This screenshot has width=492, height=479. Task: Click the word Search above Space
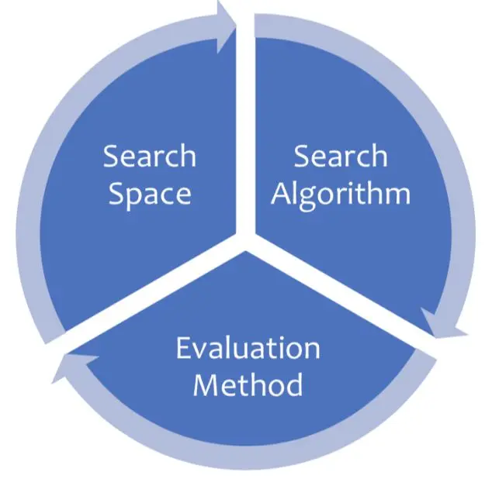tap(150, 157)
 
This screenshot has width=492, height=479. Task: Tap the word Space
tap(150, 194)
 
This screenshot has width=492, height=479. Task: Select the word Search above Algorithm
tap(340, 157)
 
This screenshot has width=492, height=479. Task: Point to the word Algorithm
tap(341, 194)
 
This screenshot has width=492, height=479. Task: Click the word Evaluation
tap(248, 348)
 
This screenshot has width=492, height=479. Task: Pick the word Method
tap(248, 384)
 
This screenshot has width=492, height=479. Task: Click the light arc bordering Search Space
tap(31, 194)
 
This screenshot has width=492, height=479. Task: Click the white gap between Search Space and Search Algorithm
tap(246, 116)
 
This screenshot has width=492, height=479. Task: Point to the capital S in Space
tap(117, 194)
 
